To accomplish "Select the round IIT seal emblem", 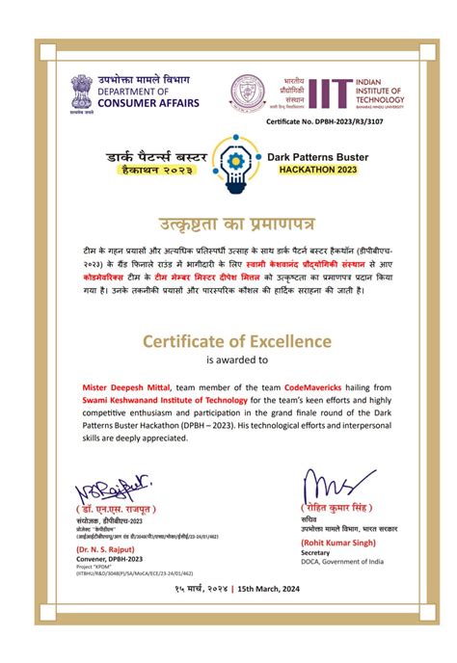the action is pyautogui.click(x=246, y=93).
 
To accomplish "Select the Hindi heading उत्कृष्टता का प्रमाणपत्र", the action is pyautogui.click(x=228, y=225).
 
